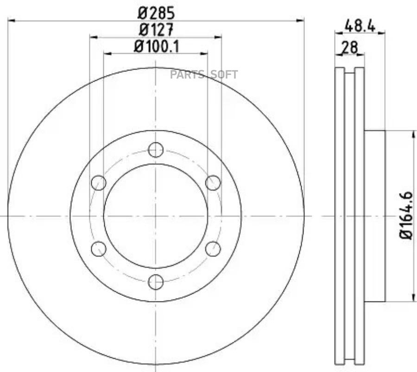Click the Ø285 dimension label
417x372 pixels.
pos(156,13)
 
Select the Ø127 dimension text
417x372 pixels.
pos(156,30)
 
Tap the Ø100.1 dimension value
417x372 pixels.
pos(157,46)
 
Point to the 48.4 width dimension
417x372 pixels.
pos(360,26)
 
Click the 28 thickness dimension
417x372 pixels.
pos(350,48)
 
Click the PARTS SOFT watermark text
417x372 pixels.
pos(204,75)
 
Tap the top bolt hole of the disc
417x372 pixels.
pos(156,150)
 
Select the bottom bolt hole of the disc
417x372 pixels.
pos(156,282)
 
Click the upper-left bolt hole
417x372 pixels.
pos(99,183)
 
